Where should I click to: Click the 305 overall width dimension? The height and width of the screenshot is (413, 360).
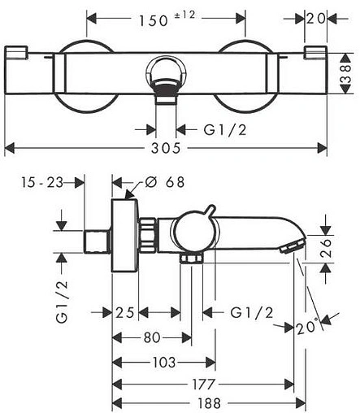(166, 148)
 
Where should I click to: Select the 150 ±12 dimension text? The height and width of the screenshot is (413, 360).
(167, 19)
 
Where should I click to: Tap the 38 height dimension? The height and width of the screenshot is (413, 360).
(346, 73)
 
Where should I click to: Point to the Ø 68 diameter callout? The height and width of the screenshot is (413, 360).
(165, 182)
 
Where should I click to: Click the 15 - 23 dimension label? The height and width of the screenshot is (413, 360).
(42, 182)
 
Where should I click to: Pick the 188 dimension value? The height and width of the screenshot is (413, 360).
(209, 403)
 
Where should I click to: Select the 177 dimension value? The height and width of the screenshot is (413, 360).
(203, 384)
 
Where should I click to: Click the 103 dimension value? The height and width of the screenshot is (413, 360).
(164, 363)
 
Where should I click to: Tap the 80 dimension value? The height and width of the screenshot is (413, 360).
(152, 337)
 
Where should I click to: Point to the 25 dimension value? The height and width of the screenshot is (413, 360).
(125, 312)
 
